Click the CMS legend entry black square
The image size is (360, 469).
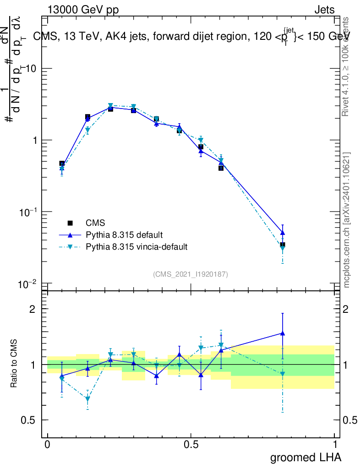[x=70, y=223]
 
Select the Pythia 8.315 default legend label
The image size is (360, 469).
[x=124, y=235]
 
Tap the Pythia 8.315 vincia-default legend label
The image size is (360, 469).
[x=136, y=247]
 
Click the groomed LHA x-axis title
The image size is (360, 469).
[x=305, y=457]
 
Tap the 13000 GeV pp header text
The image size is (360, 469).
[x=83, y=10]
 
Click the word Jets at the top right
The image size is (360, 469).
[x=324, y=10]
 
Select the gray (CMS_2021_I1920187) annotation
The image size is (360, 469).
[x=191, y=274]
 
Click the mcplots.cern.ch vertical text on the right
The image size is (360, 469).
[x=347, y=220]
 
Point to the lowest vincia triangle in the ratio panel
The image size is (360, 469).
[x=87, y=399]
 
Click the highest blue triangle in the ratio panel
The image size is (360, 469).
[x=283, y=333]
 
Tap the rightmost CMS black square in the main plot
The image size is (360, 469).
[x=283, y=245]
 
